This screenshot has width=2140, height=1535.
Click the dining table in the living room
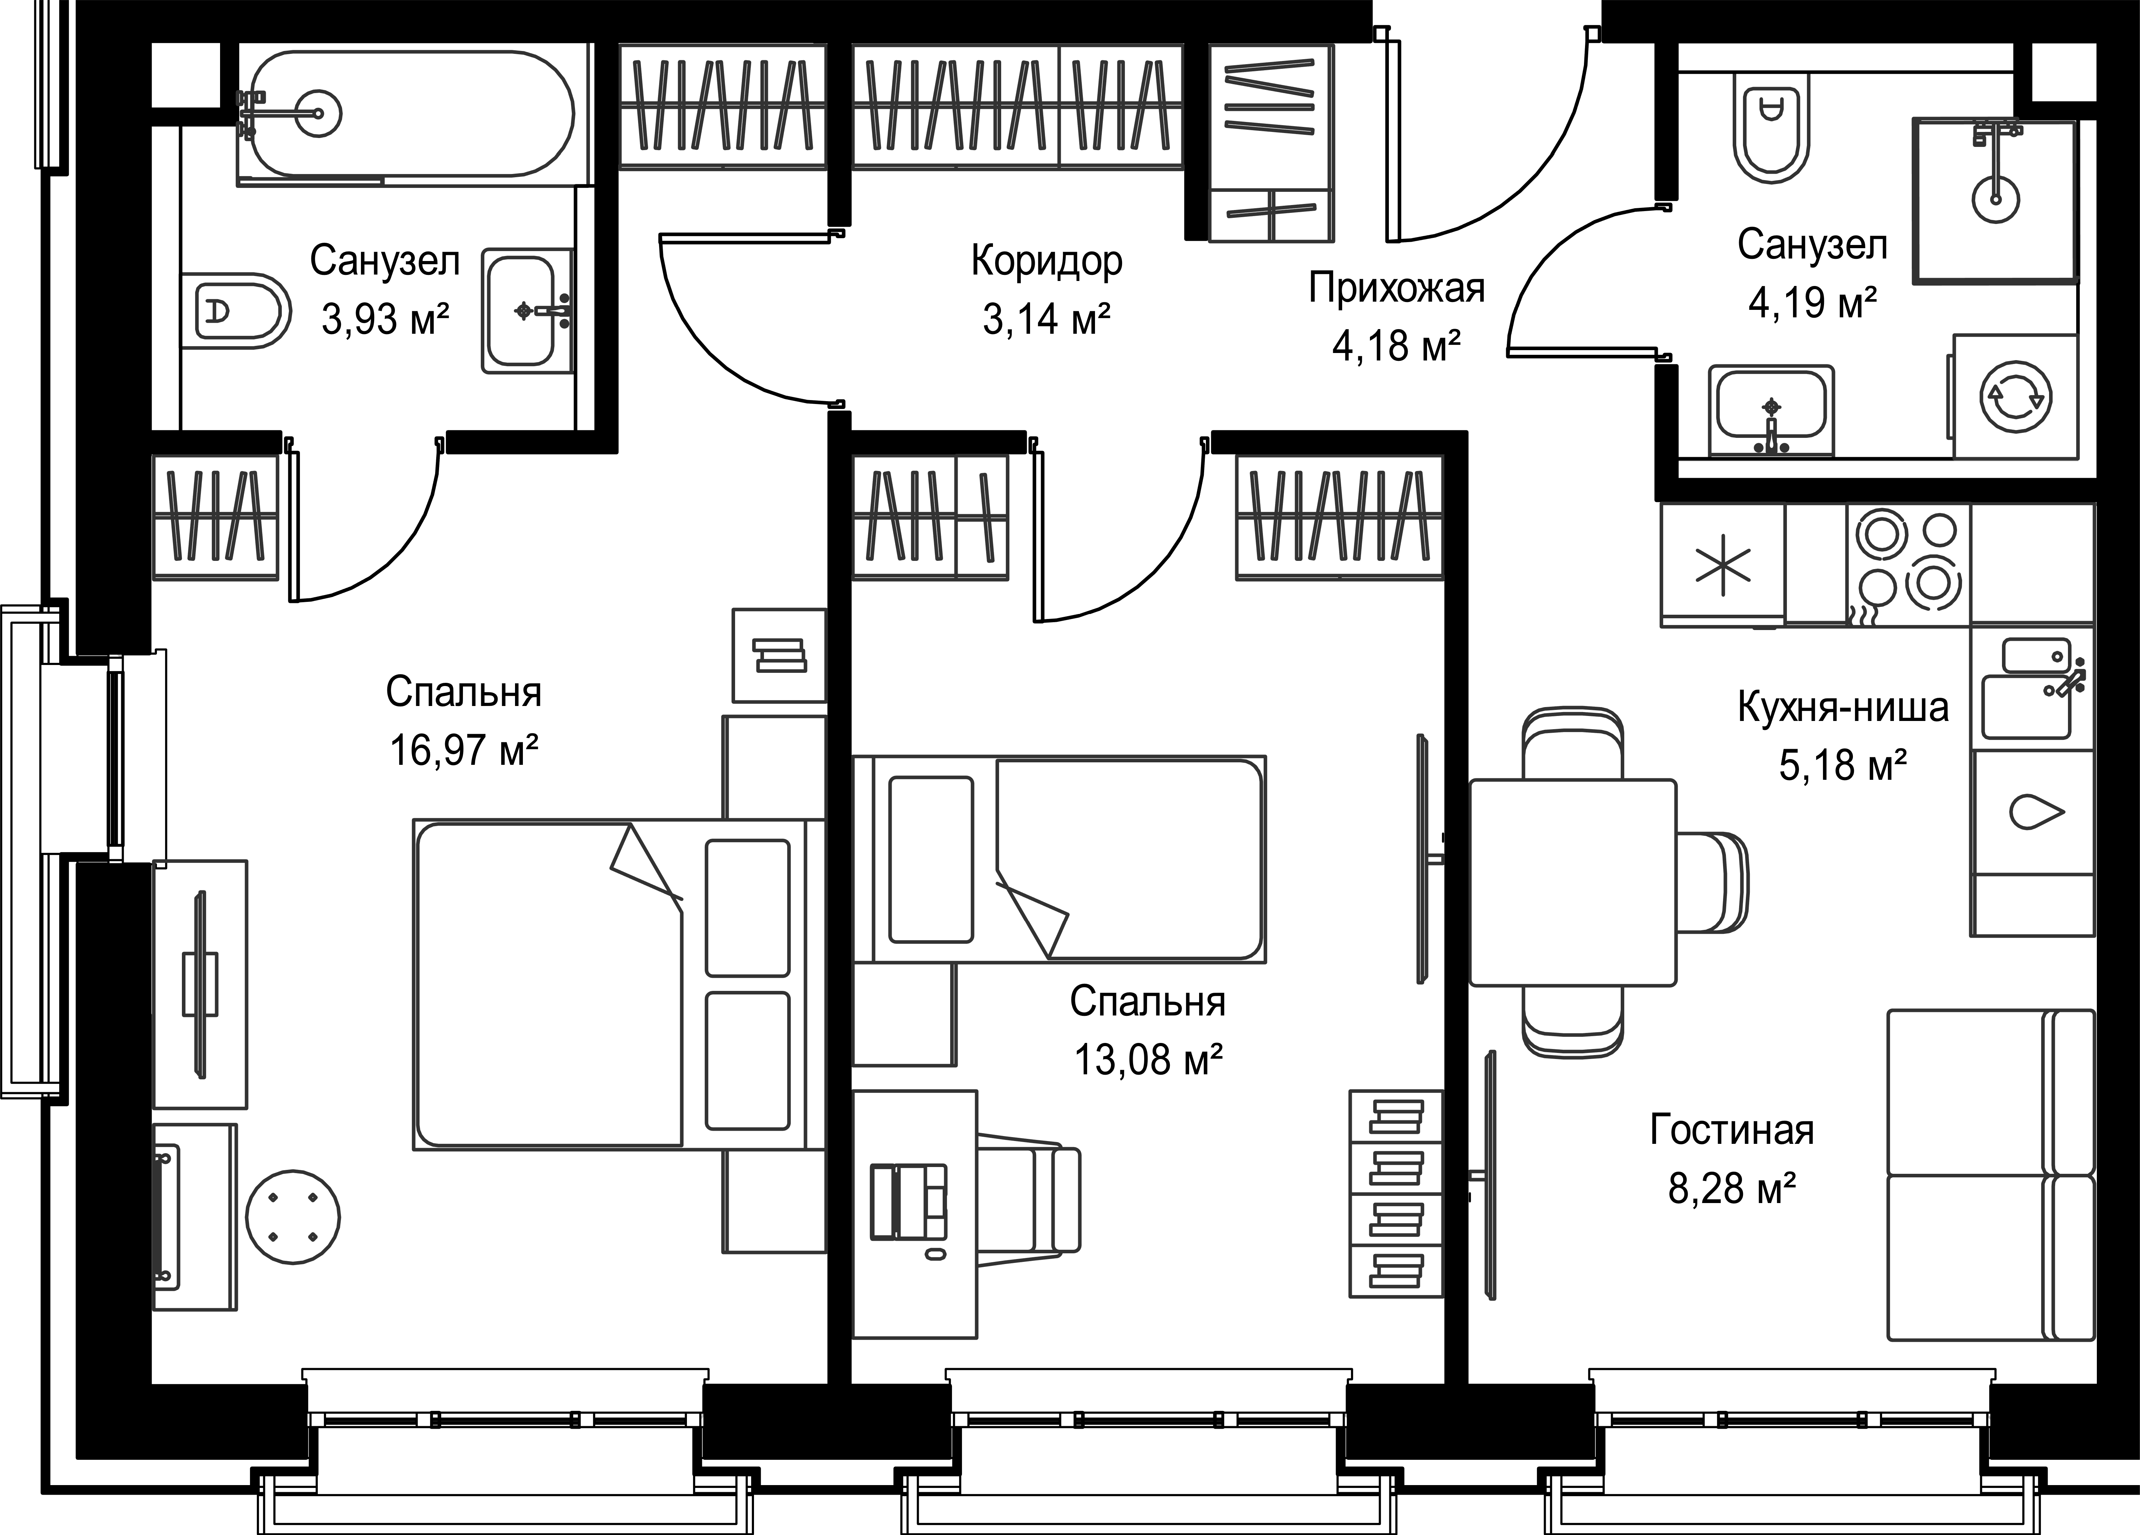(1573, 882)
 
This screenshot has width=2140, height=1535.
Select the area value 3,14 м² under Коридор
(1046, 319)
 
